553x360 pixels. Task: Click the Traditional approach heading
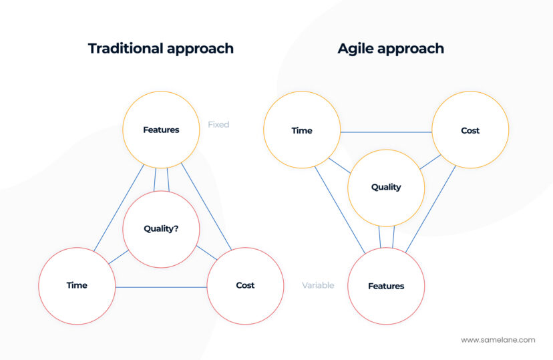pyautogui.click(x=161, y=49)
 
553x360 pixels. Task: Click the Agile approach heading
pyautogui.click(x=391, y=49)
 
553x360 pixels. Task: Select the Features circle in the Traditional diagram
pyautogui.click(x=161, y=130)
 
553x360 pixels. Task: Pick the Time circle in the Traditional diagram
pyautogui.click(x=77, y=285)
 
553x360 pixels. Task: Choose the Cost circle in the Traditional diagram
pyautogui.click(x=245, y=285)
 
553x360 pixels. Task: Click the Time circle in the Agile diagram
pyautogui.click(x=302, y=130)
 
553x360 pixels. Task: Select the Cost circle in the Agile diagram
pyautogui.click(x=470, y=130)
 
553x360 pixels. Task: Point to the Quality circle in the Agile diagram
pyautogui.click(x=386, y=187)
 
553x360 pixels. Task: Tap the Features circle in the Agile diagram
pyautogui.click(x=386, y=286)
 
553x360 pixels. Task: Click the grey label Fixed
pyautogui.click(x=218, y=124)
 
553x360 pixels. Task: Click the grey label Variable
pyautogui.click(x=318, y=285)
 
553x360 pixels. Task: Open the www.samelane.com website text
pyautogui.click(x=498, y=340)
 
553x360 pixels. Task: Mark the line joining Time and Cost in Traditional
pyautogui.click(x=161, y=287)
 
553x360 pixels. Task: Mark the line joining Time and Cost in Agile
pyautogui.click(x=386, y=132)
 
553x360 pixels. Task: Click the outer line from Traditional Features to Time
pyautogui.click(x=119, y=208)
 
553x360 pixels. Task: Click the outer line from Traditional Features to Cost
pyautogui.click(x=206, y=208)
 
